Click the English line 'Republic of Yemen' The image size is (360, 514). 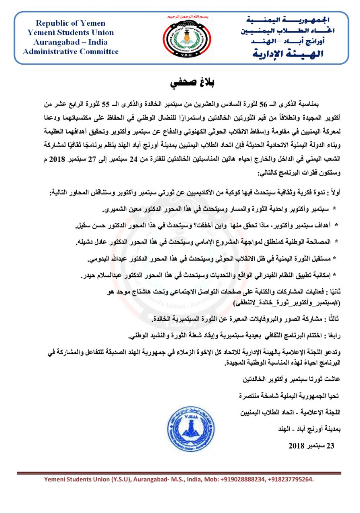(x=71, y=23)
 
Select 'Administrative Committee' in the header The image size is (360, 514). (x=71, y=51)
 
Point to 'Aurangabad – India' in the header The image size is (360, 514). (x=71, y=42)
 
